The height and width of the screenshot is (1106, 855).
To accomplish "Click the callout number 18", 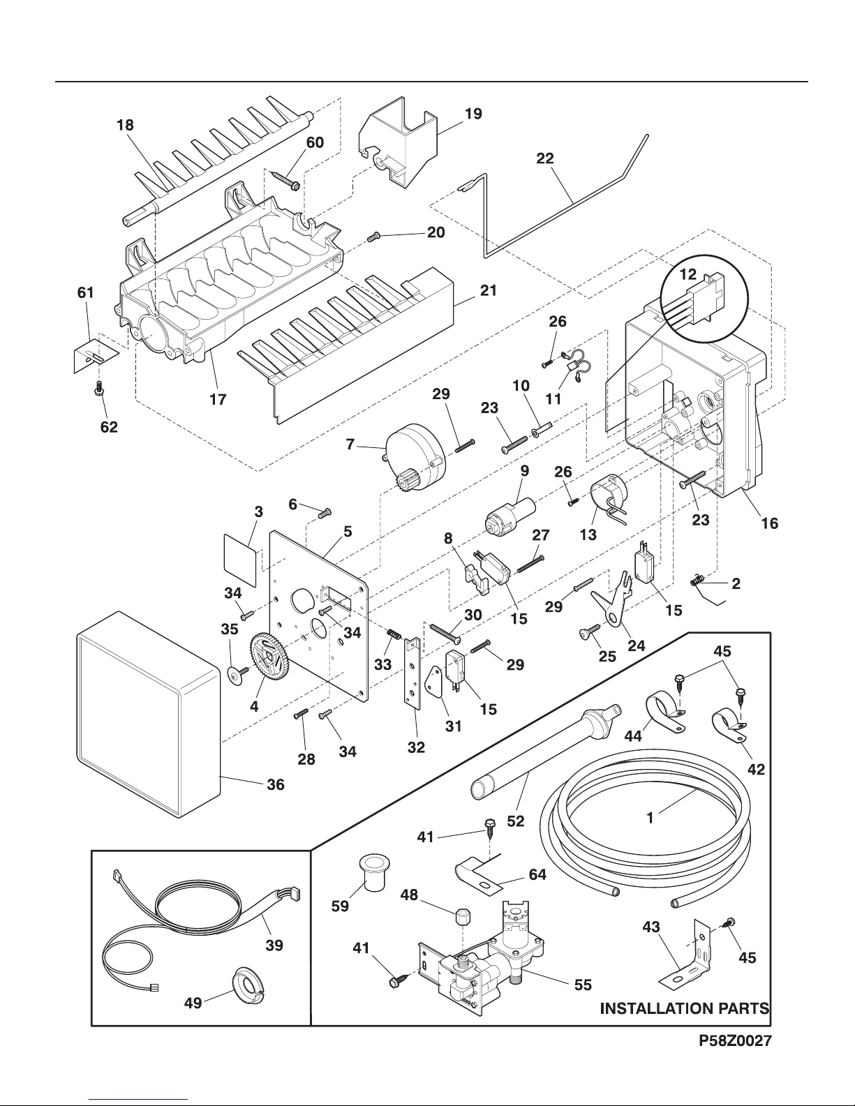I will tap(126, 126).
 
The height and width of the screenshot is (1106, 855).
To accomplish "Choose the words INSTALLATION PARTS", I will tap(685, 1008).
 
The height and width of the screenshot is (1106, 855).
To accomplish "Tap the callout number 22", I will tap(545, 158).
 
